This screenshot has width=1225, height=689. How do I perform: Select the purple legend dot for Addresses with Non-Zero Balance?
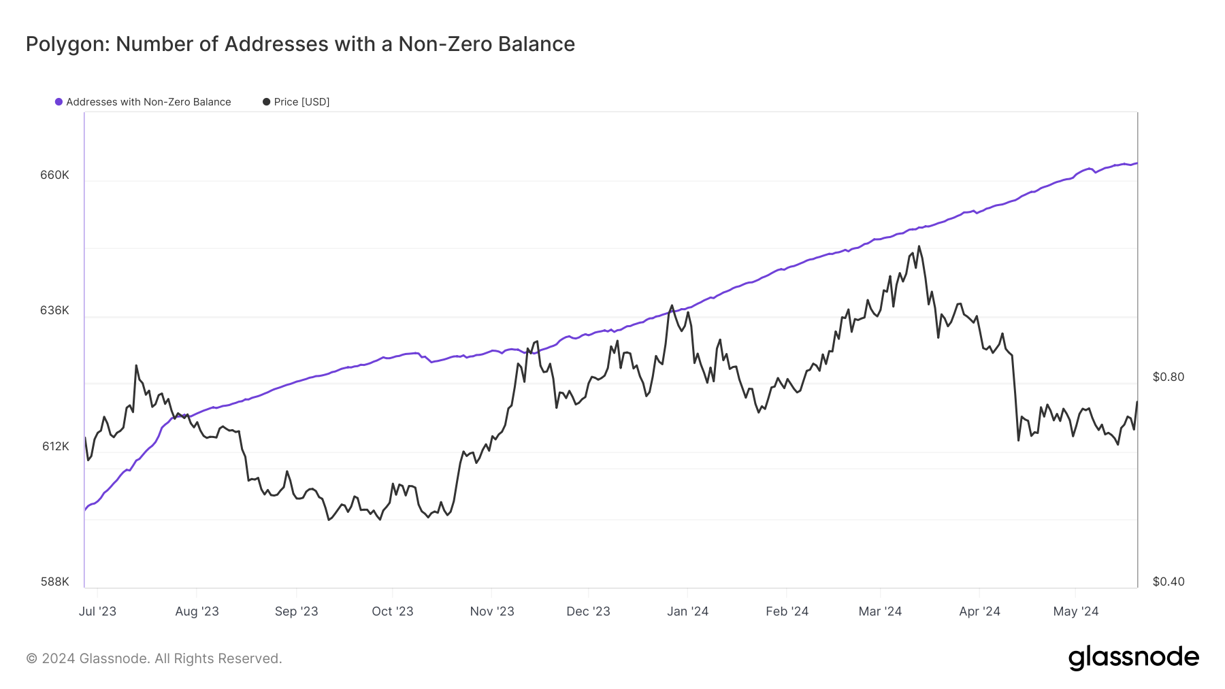point(59,102)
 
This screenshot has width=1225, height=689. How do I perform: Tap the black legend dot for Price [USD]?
point(266,102)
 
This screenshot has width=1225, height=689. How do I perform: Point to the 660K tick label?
point(54,175)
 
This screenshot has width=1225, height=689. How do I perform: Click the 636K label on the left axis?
point(54,310)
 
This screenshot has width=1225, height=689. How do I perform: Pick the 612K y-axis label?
point(55,446)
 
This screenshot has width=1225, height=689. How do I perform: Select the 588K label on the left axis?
point(54,582)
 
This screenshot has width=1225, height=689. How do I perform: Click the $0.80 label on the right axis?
point(1168,377)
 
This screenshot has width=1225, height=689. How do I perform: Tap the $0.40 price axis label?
point(1168,582)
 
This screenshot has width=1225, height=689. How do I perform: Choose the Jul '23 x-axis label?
point(97,611)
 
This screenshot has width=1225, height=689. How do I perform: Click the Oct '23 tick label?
point(392,611)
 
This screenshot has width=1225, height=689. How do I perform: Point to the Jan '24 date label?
point(687,611)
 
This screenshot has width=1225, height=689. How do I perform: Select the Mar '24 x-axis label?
point(880,611)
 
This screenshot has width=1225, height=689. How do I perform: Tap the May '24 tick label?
point(1075,611)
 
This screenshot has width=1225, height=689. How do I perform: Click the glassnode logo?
point(1133,658)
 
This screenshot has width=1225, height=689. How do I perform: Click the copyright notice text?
point(154,658)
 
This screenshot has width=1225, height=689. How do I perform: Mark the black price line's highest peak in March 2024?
point(919,246)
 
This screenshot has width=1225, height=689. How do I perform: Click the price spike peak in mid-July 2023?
point(136,365)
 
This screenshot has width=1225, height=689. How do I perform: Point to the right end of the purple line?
point(1137,163)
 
